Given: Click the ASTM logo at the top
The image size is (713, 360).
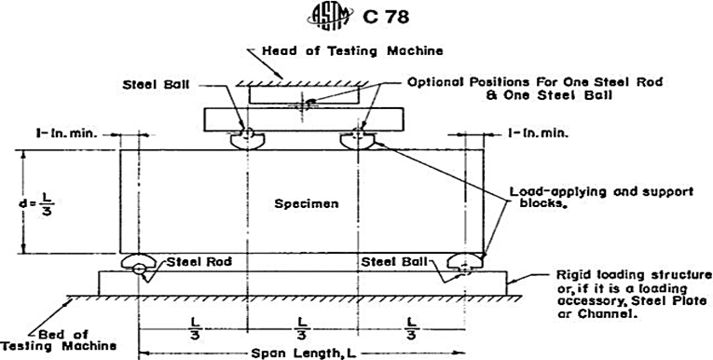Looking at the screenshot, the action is pos(330,17).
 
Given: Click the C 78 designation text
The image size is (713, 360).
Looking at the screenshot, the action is pos(386,17).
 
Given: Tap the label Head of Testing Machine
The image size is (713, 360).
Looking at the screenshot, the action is pos(352,51).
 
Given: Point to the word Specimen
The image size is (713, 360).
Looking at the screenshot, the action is pos(307,203).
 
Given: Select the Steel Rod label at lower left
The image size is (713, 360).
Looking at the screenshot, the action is pos(199,262).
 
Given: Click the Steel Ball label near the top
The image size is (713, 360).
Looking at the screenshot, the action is pos(156,85).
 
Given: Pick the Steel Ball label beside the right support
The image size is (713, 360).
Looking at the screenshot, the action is pos(394,262).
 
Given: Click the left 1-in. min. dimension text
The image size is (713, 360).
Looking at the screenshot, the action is pos(67,133).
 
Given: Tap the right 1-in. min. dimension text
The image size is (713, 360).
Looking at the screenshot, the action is pos(539,133).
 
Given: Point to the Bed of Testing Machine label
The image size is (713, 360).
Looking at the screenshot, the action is pos(58,340).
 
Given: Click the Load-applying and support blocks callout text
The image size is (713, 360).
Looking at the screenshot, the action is pos(601,197).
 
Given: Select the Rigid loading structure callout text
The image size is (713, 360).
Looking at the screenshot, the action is pos(635,295).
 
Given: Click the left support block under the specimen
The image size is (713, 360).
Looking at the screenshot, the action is pos(139,261).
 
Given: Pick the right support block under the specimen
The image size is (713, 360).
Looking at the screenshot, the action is pos(465,261).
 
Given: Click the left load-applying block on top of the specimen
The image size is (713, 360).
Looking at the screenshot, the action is pos(247,141).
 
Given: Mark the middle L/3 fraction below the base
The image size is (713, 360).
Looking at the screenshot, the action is pos(301,328).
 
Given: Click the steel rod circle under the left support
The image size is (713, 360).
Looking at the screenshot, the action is pos(139,270).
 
